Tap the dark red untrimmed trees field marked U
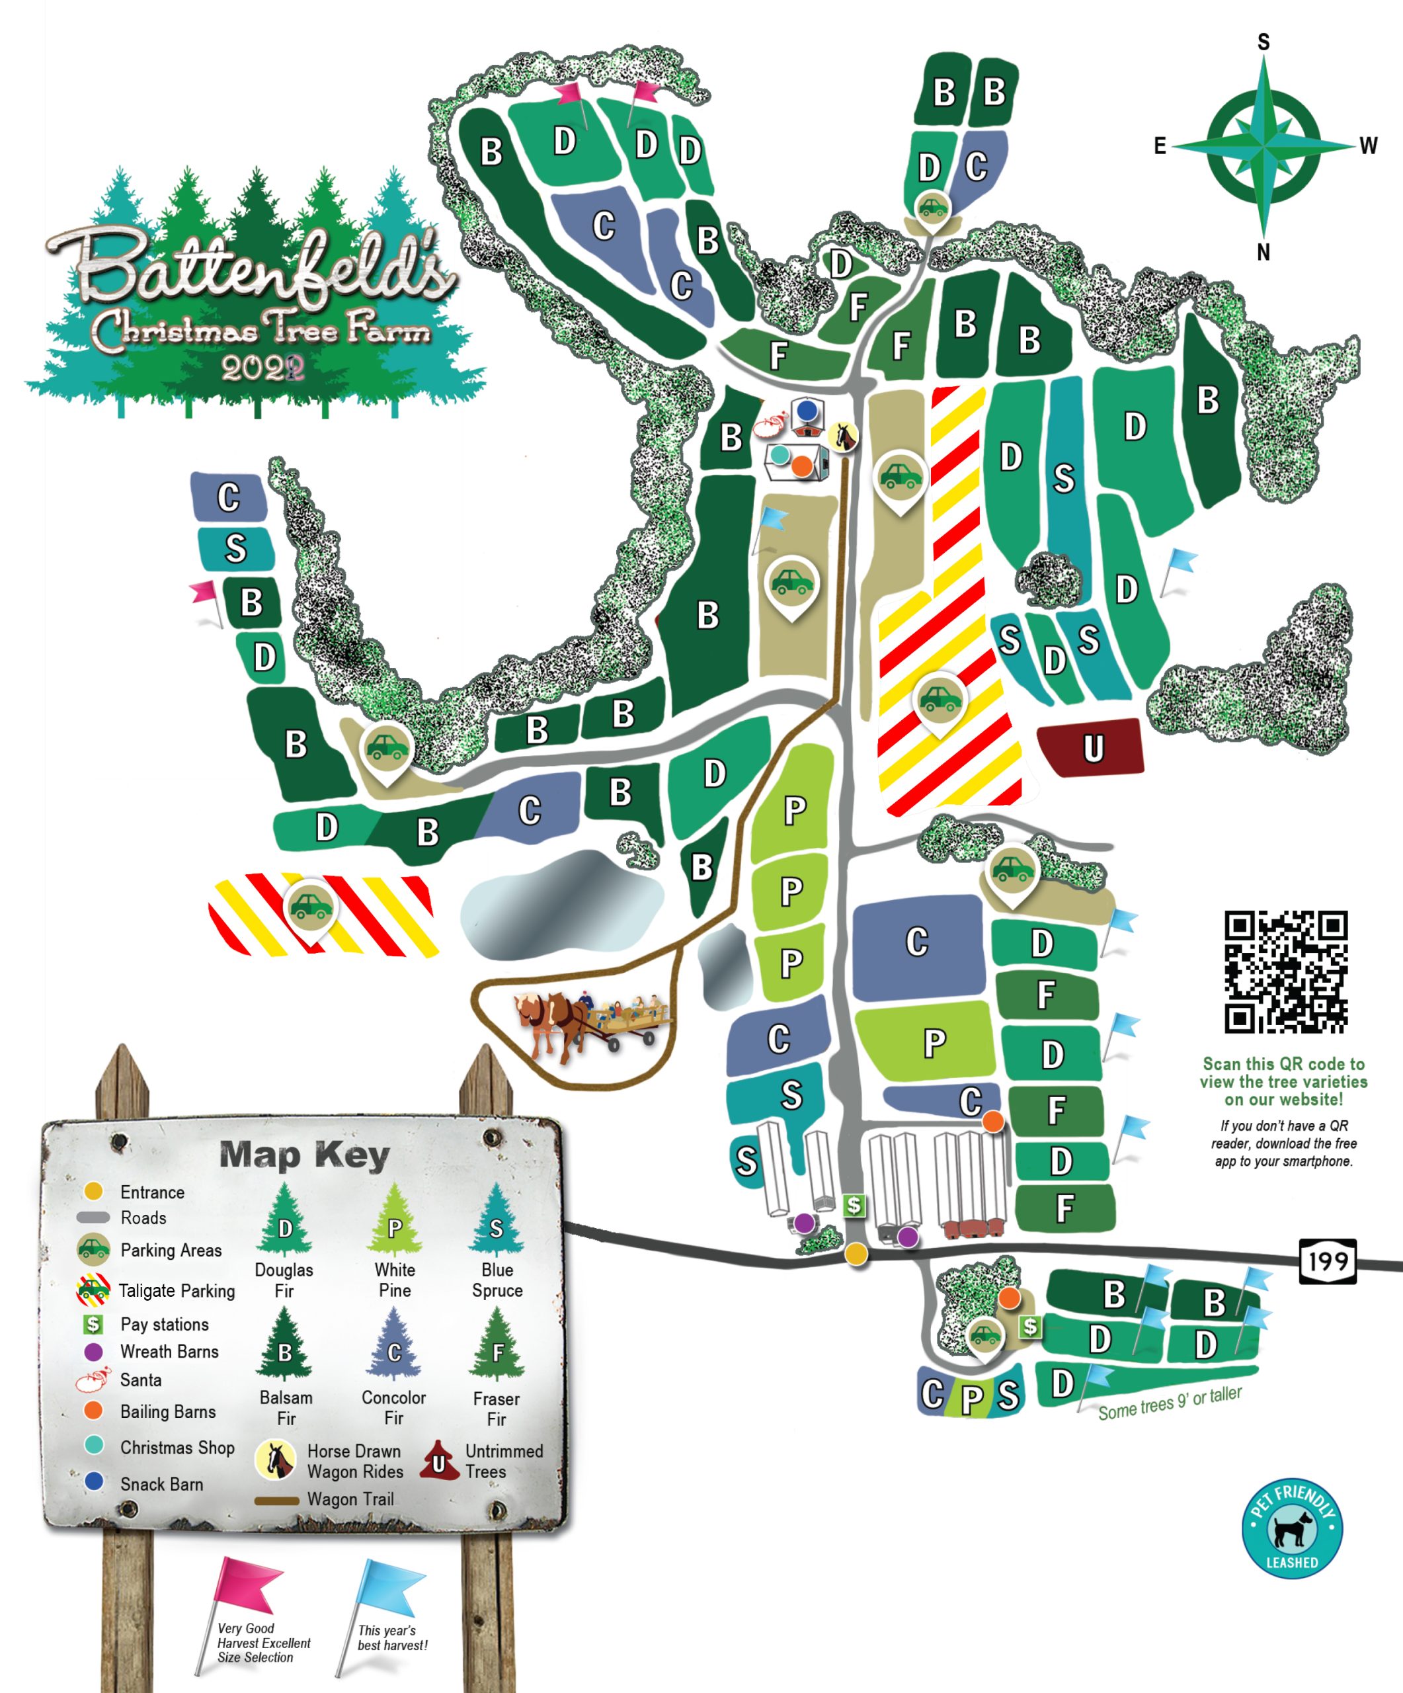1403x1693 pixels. (x=1090, y=747)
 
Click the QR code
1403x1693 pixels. (x=1285, y=971)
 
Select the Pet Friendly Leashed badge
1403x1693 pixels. (x=1291, y=1528)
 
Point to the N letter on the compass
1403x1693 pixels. (x=1263, y=253)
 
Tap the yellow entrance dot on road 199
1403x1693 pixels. (x=856, y=1254)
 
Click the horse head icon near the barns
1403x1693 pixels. (x=844, y=436)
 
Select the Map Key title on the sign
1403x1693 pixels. (x=304, y=1155)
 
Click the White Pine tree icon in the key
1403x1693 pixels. (x=394, y=1219)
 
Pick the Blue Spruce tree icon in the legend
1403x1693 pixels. (x=496, y=1219)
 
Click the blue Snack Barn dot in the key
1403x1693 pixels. (x=95, y=1481)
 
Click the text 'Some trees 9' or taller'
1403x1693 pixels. (x=1170, y=1403)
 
